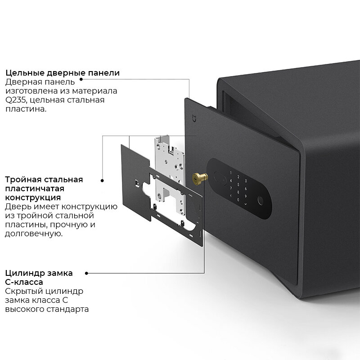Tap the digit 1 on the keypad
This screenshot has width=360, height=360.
231,173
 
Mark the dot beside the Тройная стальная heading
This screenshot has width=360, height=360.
102,180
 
